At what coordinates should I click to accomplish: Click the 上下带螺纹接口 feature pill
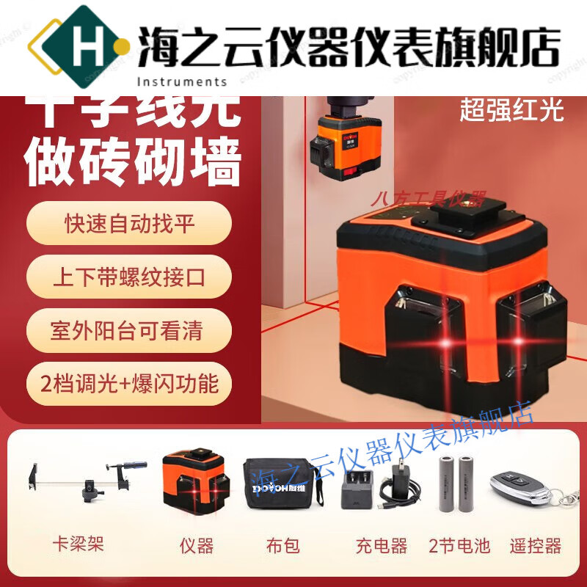pos(128,277)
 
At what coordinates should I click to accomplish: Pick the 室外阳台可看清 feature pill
pos(128,330)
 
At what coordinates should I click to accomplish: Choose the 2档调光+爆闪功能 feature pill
pos(128,383)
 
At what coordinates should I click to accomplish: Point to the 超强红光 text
pos(511,110)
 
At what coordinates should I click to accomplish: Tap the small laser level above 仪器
pos(195,480)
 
